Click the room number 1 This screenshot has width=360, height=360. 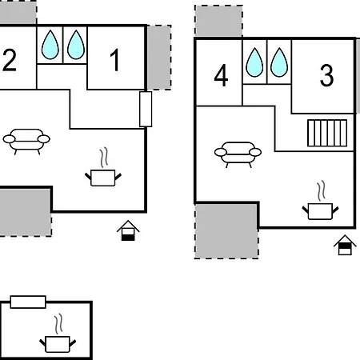[x=115, y=60]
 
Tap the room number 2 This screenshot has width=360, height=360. [x=10, y=60]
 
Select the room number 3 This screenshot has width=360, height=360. [x=326, y=75]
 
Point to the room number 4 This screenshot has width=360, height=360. [x=221, y=75]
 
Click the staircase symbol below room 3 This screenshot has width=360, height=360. [x=327, y=133]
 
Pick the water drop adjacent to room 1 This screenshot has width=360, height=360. [x=76, y=45]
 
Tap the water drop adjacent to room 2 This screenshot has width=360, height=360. [x=50, y=45]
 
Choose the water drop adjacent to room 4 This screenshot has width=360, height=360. [x=254, y=62]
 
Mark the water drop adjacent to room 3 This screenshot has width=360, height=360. [x=279, y=62]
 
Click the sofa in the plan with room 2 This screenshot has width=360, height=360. [x=26, y=142]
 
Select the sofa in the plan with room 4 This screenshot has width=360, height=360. [x=238, y=154]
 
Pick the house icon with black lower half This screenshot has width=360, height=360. [x=128, y=230]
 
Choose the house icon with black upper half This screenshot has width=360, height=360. [x=345, y=245]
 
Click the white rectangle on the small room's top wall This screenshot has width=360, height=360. [x=28, y=302]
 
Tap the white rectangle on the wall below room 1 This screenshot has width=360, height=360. [x=146, y=109]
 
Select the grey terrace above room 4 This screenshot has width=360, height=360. [x=218, y=21]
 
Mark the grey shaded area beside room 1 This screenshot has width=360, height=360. [x=159, y=58]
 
